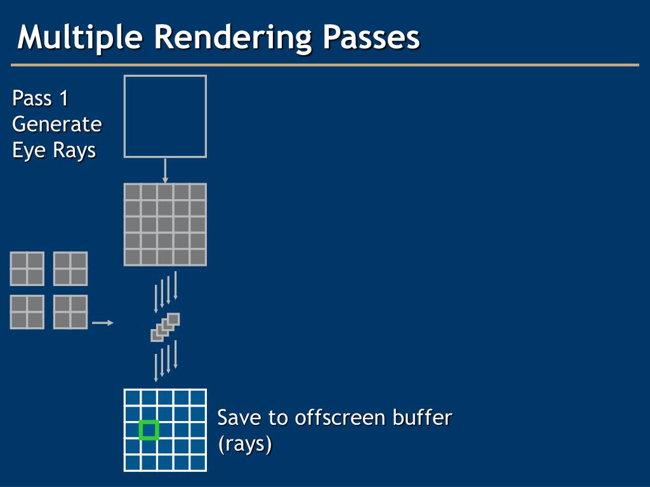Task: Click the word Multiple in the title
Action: (80, 37)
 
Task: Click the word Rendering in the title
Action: (232, 37)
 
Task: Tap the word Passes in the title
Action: (371, 37)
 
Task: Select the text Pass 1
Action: (41, 99)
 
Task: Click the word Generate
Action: (57, 124)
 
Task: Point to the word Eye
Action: (26, 150)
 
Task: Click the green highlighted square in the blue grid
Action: (149, 431)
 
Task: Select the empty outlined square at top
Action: (165, 116)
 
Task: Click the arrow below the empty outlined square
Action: (165, 171)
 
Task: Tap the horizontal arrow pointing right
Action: (102, 323)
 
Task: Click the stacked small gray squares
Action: (165, 327)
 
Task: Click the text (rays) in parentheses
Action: (245, 445)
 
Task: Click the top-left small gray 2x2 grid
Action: (27, 269)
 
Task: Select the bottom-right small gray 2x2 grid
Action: (70, 312)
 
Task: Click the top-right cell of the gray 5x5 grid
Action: (198, 192)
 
